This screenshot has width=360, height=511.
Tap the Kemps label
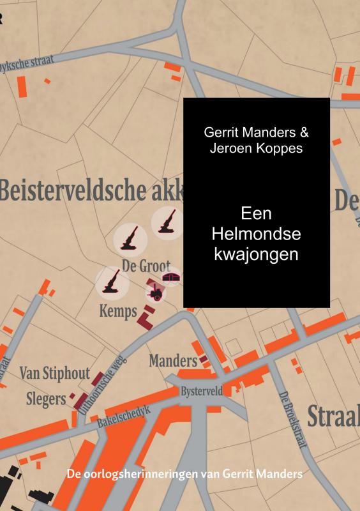click(x=118, y=312)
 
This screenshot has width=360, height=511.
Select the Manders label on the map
click(x=172, y=361)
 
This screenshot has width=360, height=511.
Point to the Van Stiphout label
click(x=54, y=373)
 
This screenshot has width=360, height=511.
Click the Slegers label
click(x=46, y=399)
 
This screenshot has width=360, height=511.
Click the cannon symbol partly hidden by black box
click(x=167, y=221)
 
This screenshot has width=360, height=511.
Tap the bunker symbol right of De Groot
click(x=171, y=278)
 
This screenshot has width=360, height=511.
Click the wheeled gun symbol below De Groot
click(x=155, y=294)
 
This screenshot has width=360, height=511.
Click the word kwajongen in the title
click(x=256, y=254)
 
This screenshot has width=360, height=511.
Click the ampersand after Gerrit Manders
click(x=304, y=133)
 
